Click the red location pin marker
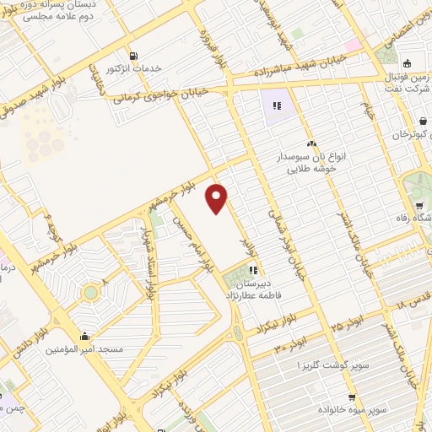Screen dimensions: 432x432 point(218,197)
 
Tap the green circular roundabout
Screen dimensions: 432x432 point(90,293)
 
